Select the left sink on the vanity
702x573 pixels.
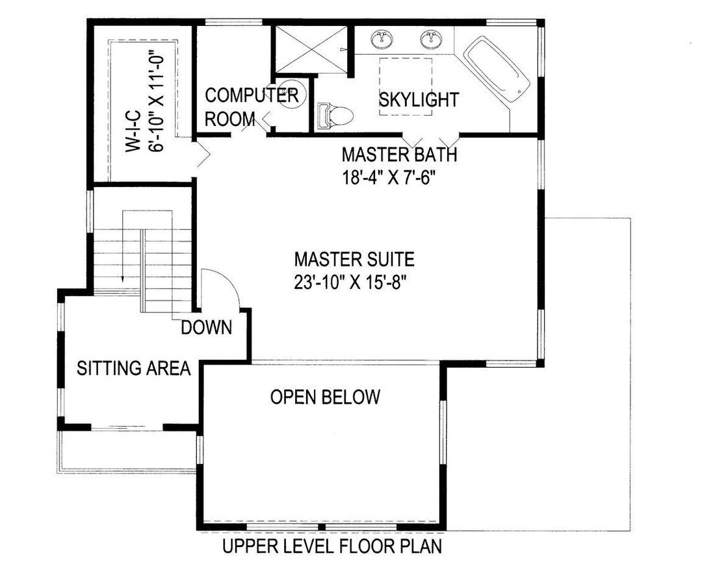pyautogui.click(x=382, y=40)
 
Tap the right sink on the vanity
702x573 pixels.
pyautogui.click(x=432, y=40)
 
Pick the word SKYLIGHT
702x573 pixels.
pyautogui.click(x=419, y=99)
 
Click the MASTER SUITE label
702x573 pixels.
pyautogui.click(x=355, y=259)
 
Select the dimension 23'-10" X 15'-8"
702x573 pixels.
pyautogui.click(x=350, y=283)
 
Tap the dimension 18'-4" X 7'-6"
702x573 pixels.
pyautogui.click(x=389, y=178)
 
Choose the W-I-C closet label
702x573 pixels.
pyautogui.click(x=133, y=131)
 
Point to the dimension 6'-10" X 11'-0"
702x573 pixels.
pyautogui.click(x=156, y=103)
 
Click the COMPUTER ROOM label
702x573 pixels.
pyautogui.click(x=252, y=107)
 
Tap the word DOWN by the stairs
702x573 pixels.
pyautogui.click(x=207, y=328)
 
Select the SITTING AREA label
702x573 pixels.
pyautogui.click(x=134, y=368)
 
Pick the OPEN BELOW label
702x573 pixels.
pyautogui.click(x=326, y=397)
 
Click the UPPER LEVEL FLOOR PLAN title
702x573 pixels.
pyautogui.click(x=332, y=546)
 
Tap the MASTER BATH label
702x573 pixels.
pyautogui.click(x=399, y=155)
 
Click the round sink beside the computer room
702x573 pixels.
pyautogui.click(x=292, y=94)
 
